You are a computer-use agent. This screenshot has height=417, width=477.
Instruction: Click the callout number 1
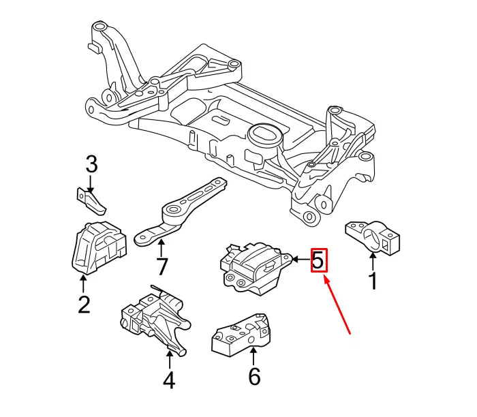tap(372, 279)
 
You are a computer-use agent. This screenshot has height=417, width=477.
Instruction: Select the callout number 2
tap(84, 303)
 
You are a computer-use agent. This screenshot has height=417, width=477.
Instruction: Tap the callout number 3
tap(91, 164)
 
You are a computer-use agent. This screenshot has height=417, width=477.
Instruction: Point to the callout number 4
tap(168, 378)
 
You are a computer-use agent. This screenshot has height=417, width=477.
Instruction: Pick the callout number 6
tap(253, 375)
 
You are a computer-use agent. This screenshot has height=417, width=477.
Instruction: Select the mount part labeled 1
tap(372, 235)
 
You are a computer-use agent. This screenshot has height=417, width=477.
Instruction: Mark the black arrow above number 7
tap(161, 246)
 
